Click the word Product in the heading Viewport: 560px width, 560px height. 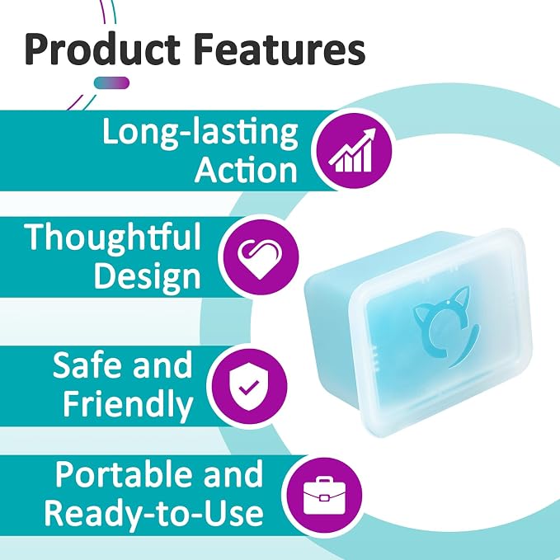pos(102,49)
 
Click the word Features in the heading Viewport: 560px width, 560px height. pos(281,49)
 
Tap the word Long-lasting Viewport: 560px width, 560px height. pos(200,133)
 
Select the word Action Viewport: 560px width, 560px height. pos(246,171)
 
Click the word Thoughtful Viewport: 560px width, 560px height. pos(113,238)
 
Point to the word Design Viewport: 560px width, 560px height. pos(147,277)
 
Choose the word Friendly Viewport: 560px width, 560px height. pos(128,405)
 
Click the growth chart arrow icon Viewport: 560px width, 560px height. pos(353,150)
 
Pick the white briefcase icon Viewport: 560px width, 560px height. pos(324,496)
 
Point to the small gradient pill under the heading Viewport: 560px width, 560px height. pos(111,82)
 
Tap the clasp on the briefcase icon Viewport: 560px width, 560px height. pos(324,498)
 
